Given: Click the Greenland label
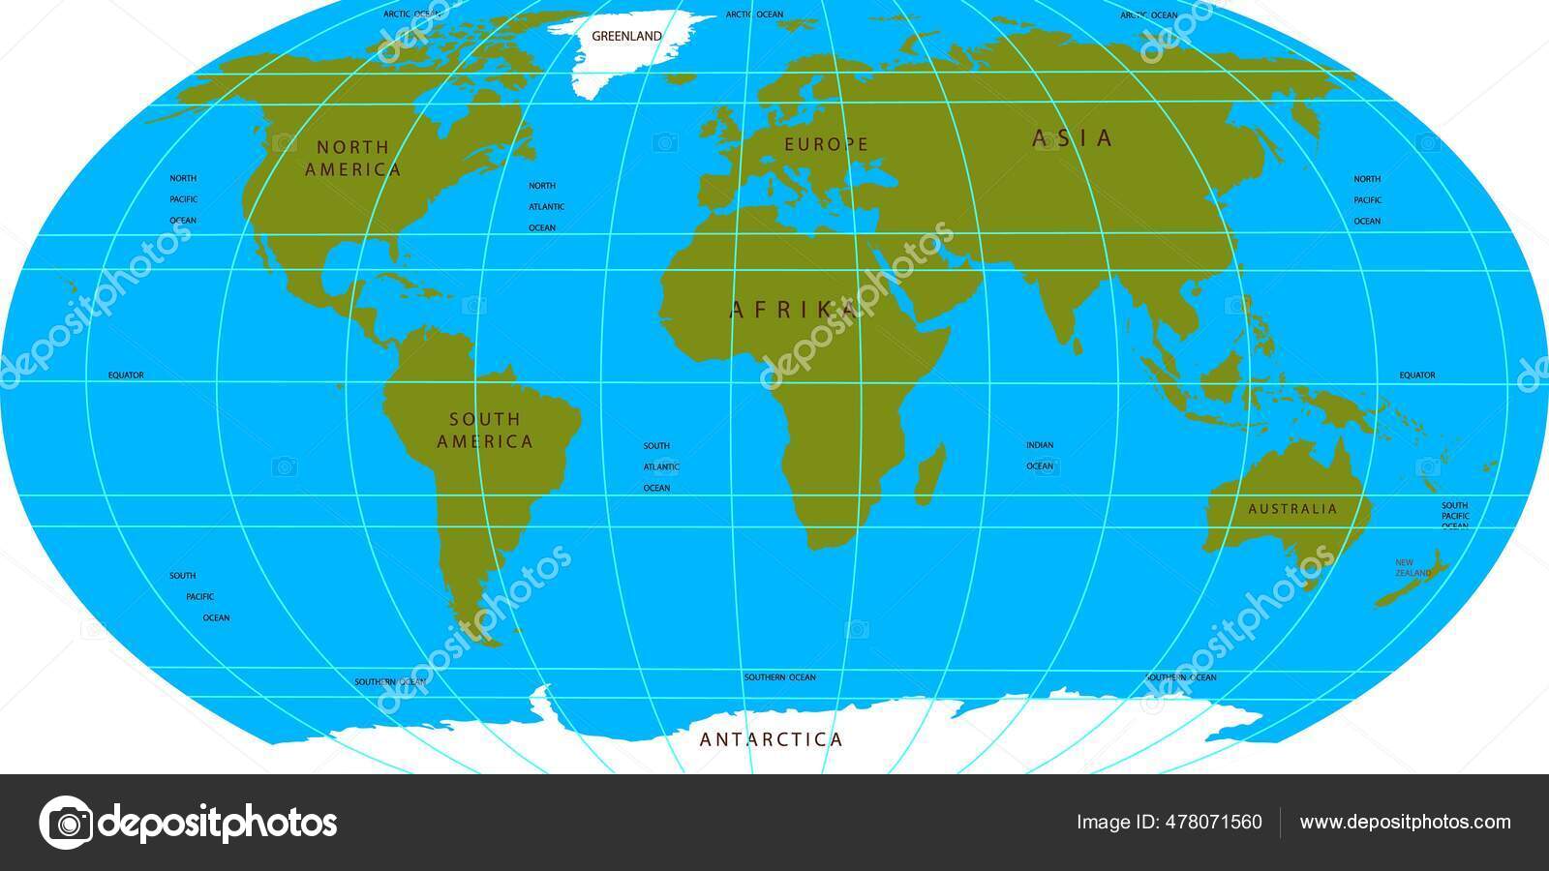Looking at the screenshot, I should [x=626, y=36].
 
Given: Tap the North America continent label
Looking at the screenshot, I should [x=353, y=159].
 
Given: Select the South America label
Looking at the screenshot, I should [x=485, y=431].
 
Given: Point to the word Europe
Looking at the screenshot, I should [x=827, y=144].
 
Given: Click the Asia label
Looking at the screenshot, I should [x=1074, y=138].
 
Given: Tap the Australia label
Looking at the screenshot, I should [x=1292, y=509].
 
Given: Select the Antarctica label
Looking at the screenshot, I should [x=772, y=740].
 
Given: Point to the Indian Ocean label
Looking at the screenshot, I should [x=1040, y=456].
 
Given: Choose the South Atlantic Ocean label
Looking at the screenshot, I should [x=661, y=466].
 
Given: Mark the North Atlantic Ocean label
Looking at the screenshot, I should [x=546, y=206].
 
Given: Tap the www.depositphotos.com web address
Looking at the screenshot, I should [x=1405, y=823].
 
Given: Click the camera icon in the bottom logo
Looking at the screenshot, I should [x=67, y=823].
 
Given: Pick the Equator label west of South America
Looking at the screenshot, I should [x=126, y=375].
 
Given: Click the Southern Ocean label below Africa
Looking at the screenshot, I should [x=779, y=677].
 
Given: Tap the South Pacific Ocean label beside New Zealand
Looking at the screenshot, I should [x=1455, y=516].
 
